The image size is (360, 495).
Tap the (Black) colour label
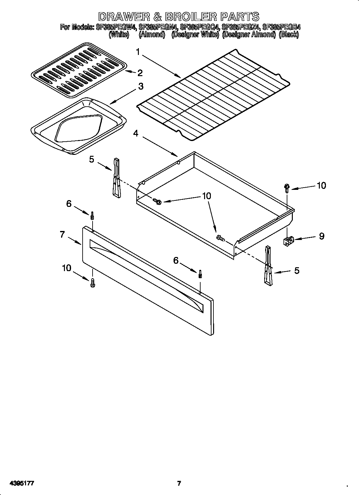point(289,35)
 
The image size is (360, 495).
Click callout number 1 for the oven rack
point(138,52)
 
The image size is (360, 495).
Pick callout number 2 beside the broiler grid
point(140,73)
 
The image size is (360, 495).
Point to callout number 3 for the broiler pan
point(141,86)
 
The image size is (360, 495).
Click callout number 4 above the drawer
point(136,133)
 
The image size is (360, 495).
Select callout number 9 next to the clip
point(321,236)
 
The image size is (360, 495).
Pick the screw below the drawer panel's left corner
point(93,283)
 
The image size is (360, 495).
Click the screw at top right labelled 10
point(287,188)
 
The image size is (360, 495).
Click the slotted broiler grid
point(78,69)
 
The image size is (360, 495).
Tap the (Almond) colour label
point(152,35)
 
